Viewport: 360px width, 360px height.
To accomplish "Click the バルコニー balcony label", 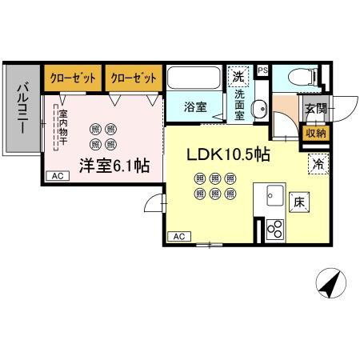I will (22, 109).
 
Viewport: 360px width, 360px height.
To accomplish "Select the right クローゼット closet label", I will (133, 78).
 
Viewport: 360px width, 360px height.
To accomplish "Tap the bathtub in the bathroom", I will (195, 80).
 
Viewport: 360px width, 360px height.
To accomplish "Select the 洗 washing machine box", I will (238, 77).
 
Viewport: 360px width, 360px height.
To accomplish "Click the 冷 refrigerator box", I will (318, 166).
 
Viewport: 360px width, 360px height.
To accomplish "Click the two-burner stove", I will (274, 228).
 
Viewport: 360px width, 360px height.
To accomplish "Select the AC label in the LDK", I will (178, 236).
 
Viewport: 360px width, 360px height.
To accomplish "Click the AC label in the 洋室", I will (55, 176).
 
